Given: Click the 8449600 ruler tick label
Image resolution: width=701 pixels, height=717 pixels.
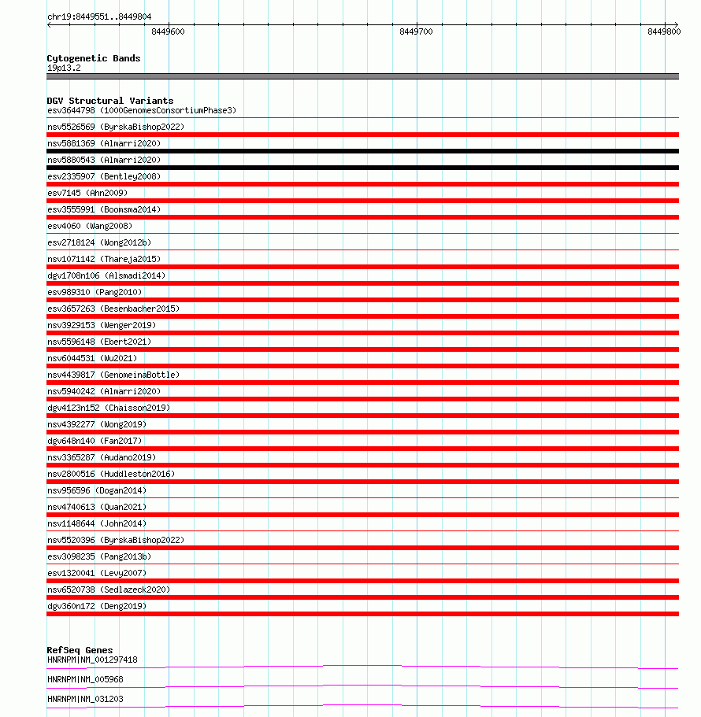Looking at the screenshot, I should click(168, 31).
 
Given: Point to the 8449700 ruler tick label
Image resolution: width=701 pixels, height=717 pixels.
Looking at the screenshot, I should click(416, 31).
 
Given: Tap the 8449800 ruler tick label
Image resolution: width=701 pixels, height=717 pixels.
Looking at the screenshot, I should click(664, 31).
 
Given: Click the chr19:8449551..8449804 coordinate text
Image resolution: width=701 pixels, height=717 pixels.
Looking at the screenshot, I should click(99, 17).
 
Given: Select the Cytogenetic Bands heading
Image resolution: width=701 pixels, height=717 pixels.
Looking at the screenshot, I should click(93, 58).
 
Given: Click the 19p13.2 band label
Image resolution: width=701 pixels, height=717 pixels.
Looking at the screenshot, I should click(64, 68).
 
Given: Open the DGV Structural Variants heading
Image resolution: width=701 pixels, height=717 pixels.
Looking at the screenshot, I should click(109, 101).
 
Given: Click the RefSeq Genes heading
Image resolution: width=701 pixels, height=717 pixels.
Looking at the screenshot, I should click(80, 650).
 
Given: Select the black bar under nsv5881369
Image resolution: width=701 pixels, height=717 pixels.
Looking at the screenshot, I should click(362, 151).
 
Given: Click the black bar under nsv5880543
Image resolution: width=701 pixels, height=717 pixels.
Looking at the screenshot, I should click(362, 168).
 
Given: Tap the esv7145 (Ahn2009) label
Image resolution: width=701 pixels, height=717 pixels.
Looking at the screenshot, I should click(87, 193).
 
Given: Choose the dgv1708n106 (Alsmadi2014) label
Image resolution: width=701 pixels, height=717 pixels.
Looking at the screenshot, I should click(106, 275).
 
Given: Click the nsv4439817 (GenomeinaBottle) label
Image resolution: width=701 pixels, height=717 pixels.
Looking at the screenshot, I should click(113, 375).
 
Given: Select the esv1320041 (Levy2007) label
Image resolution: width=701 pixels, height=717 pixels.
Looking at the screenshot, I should click(96, 573).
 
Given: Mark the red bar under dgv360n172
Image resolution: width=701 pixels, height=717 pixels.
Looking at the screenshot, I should click(362, 614).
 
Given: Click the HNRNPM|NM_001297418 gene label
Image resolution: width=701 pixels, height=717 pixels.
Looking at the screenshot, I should click(92, 660).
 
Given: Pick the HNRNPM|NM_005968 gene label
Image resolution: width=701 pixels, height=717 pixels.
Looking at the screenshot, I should click(85, 679).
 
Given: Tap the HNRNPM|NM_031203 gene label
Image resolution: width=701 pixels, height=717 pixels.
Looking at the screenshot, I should click(85, 699).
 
